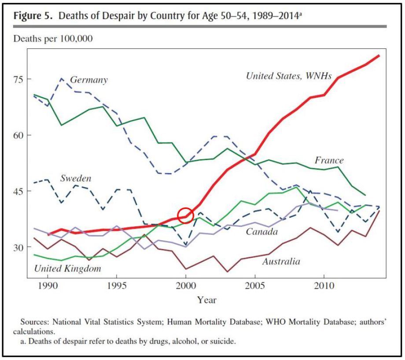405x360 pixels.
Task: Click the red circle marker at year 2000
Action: pyautogui.click(x=186, y=215)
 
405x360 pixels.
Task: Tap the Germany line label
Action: pyautogui.click(x=88, y=80)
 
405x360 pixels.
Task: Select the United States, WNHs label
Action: pyautogui.click(x=288, y=76)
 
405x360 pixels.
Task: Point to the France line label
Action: pyautogui.click(x=329, y=160)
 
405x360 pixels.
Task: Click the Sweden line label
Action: pyautogui.click(x=75, y=179)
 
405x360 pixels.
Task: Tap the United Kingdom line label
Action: pyautogui.click(x=67, y=268)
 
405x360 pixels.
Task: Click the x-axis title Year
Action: pyautogui.click(x=206, y=300)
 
